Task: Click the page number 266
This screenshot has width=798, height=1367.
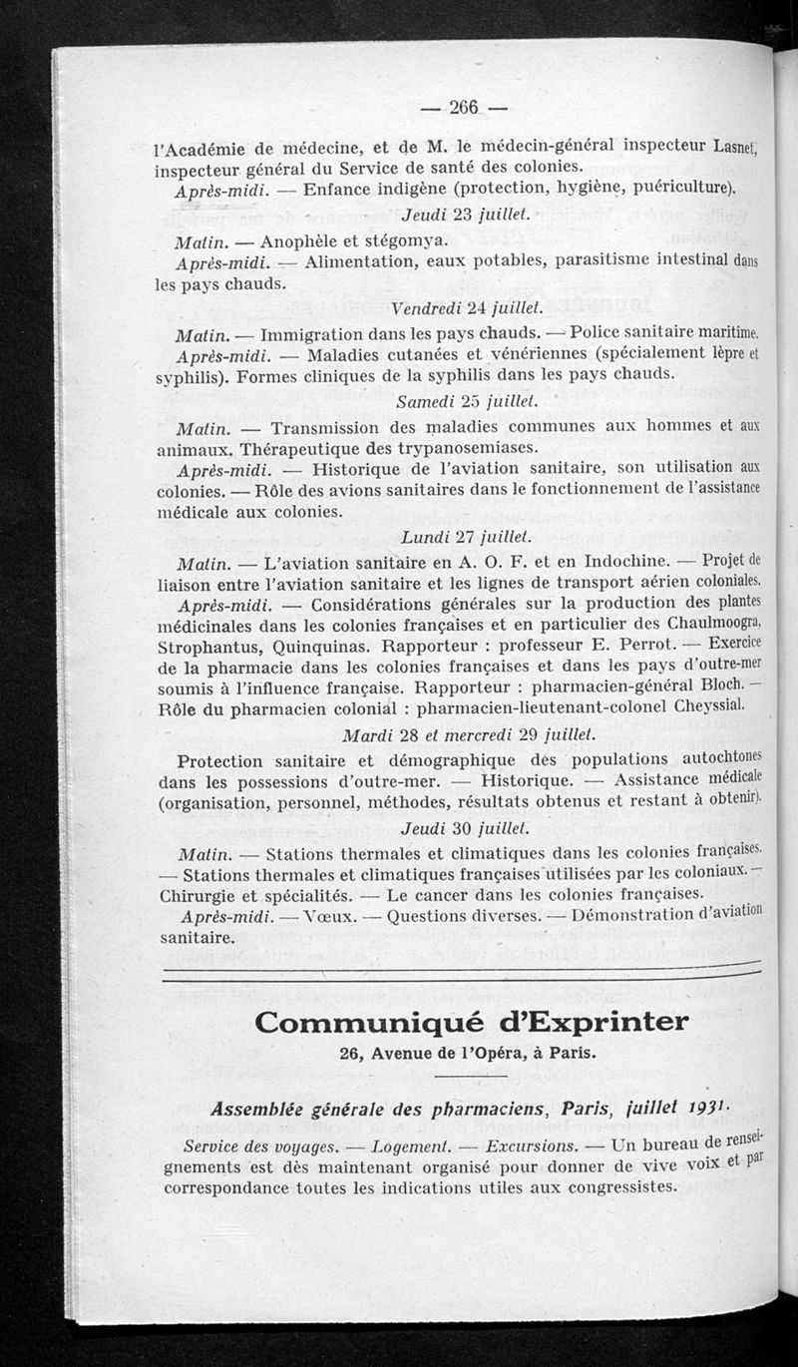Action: (464, 107)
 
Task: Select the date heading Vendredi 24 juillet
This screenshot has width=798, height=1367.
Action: (467, 305)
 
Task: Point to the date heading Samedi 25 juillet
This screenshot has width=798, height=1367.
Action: (466, 401)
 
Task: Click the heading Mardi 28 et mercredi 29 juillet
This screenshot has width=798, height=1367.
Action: (469, 734)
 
